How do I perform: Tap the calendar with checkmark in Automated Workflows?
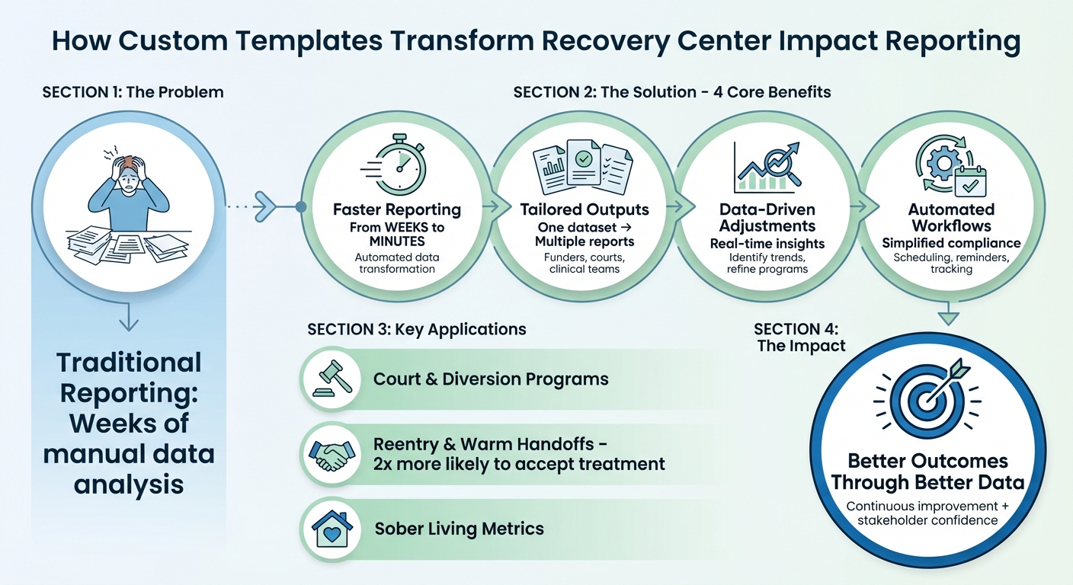966,181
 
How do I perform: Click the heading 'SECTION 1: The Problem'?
133,92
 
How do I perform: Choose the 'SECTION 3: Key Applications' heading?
416,329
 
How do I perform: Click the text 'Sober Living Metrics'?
459,529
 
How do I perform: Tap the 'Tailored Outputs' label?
585,209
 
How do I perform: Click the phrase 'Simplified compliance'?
951,243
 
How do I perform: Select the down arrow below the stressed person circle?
129,320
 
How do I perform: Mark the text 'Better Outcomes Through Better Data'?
927,472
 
